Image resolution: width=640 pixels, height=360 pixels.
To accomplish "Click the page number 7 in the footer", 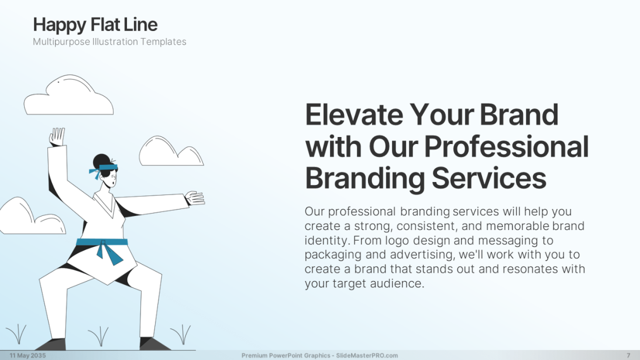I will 628,355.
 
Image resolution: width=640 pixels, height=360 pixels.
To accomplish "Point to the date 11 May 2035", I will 27,355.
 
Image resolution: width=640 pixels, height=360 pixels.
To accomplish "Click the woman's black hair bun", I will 101,160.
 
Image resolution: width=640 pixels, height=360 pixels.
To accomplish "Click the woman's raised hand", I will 57,136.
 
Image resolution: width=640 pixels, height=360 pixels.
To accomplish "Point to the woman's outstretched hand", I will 195,198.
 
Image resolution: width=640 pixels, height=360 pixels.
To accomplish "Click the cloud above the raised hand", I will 68,96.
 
